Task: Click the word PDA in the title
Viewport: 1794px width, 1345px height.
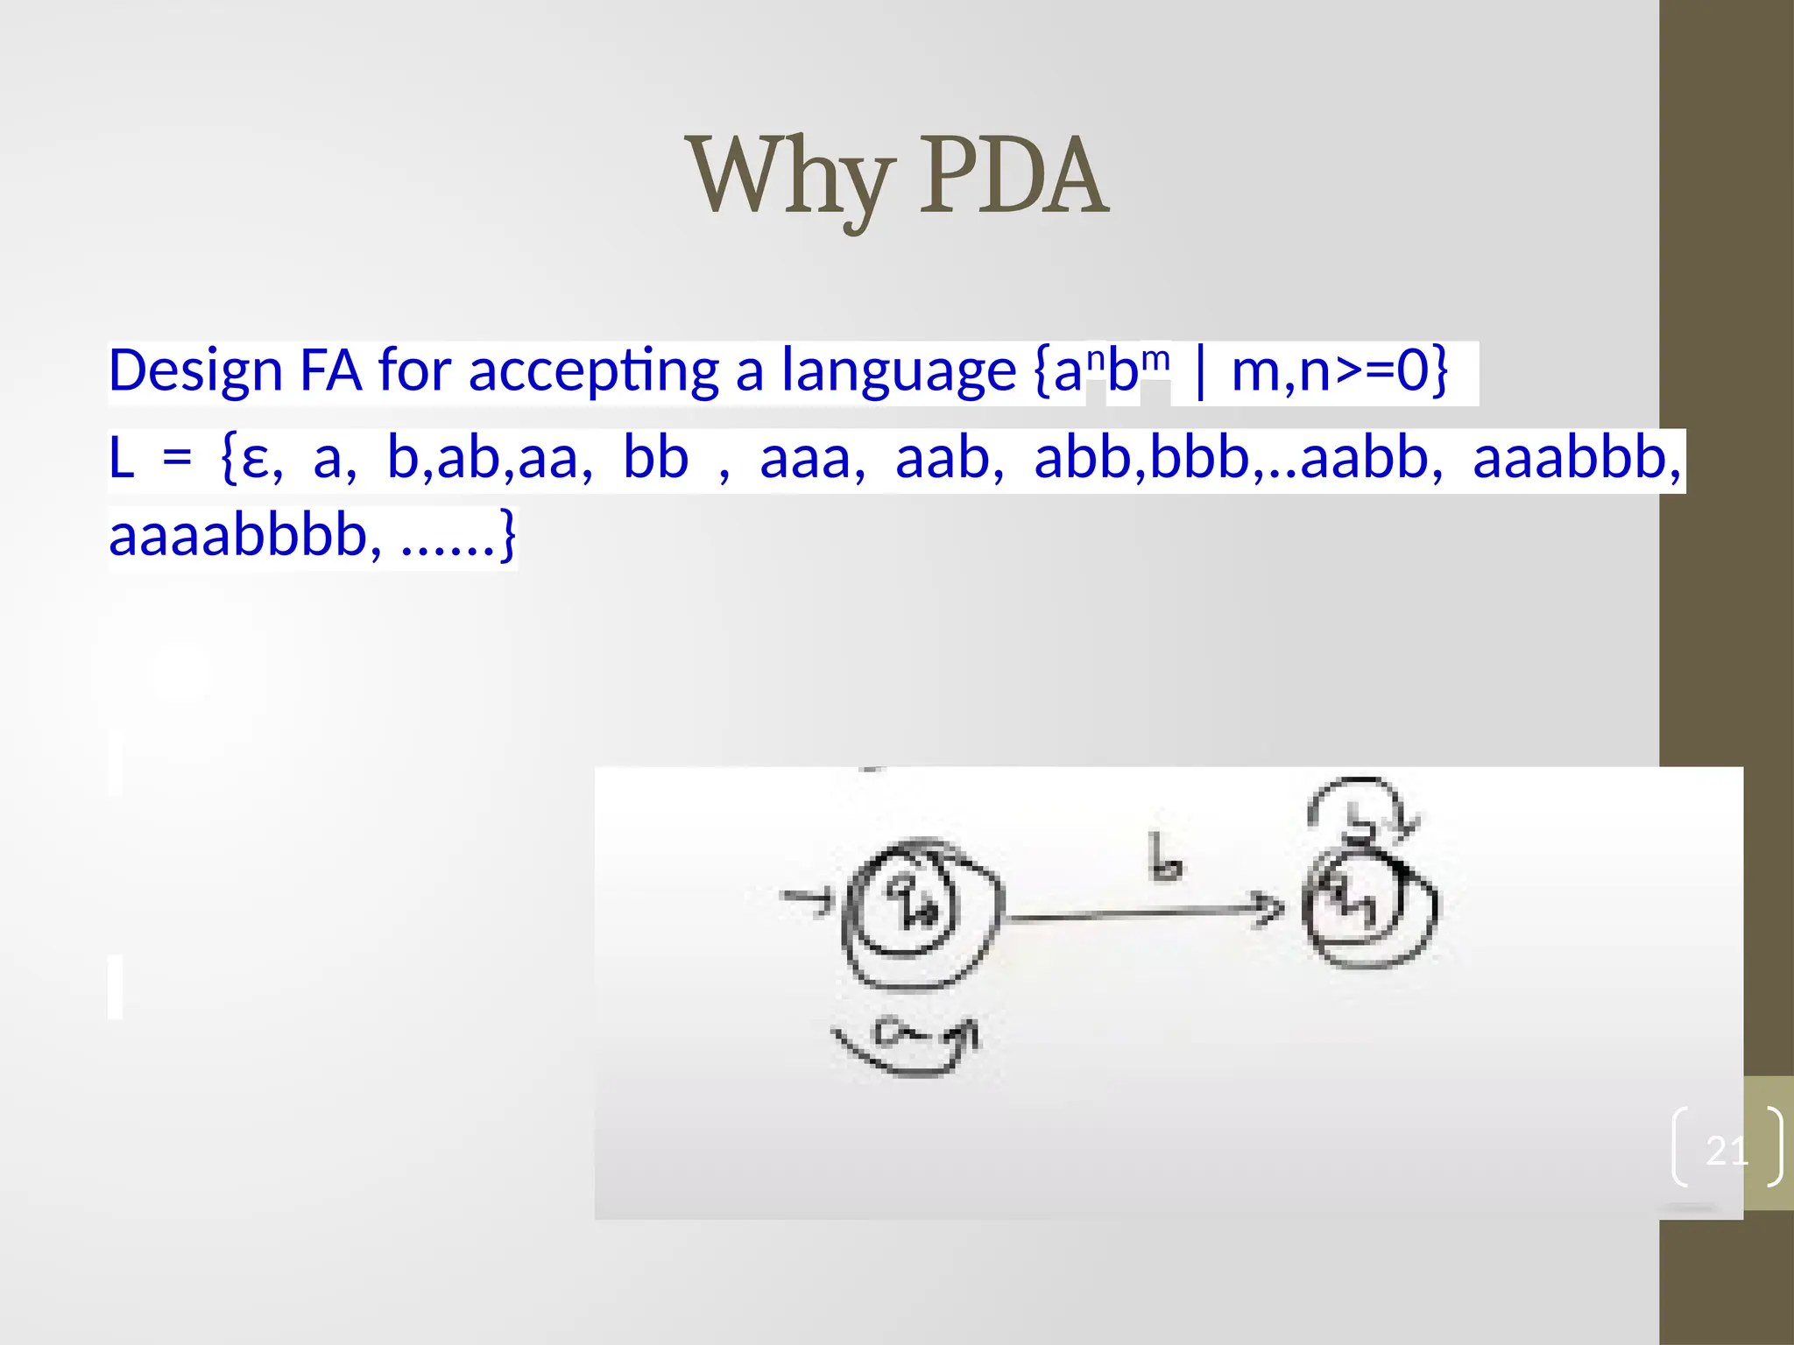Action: pos(1014,178)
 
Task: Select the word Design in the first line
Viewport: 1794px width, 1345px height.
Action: pos(194,371)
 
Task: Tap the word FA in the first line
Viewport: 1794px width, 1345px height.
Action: pos(330,371)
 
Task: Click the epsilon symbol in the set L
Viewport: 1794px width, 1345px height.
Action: pos(255,459)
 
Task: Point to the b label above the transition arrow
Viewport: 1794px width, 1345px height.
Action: pos(1163,858)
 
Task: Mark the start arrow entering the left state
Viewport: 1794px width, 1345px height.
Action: pos(806,898)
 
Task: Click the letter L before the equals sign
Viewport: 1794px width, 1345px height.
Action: pos(121,459)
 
